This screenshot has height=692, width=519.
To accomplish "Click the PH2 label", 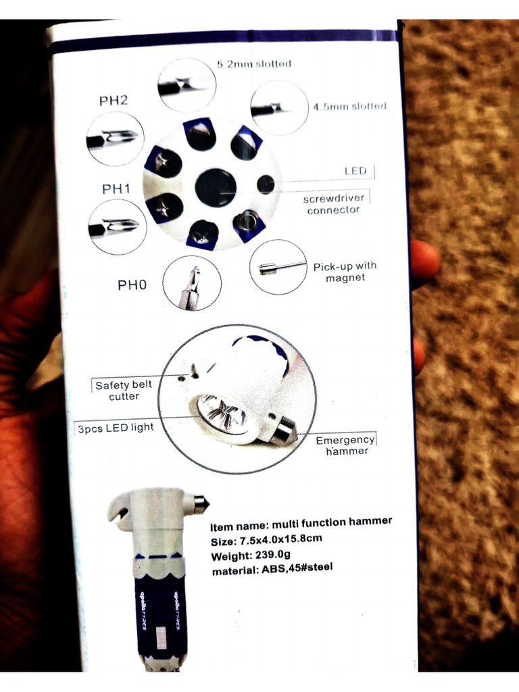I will coord(114,101).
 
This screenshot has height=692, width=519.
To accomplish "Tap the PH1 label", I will coord(116,189).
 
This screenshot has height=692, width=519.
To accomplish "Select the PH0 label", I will coord(132,285).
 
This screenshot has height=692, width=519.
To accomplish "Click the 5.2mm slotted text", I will coord(254,64).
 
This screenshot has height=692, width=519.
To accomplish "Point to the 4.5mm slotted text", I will coord(349,106).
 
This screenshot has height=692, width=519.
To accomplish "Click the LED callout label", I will coord(355,171).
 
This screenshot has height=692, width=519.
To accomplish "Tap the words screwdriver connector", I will coord(333,204).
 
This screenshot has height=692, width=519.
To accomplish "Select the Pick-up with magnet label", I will coord(345,272).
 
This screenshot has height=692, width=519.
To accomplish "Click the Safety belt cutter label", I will coord(124,391).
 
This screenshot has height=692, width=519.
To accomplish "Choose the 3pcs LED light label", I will coord(116,428).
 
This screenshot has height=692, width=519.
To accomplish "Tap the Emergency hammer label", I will coord(345,445).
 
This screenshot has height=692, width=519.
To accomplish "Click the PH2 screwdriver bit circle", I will coord(116,139).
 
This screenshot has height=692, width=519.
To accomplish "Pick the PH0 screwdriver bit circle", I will coord(192,282).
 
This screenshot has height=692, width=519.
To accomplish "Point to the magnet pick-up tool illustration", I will coord(278,267).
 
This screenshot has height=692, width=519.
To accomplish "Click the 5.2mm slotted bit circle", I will coord(187,85).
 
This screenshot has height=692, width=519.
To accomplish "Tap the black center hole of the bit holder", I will coord(216,187).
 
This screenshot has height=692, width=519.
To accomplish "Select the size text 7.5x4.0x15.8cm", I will coord(279,540).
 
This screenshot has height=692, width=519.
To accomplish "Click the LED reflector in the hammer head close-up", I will coord(223,414).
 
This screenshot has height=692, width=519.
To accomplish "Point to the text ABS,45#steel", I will coord(297,568).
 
